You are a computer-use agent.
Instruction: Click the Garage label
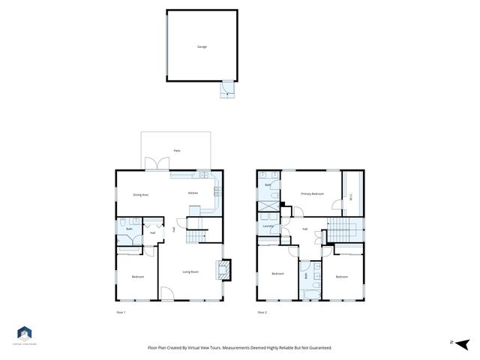coord(202,46)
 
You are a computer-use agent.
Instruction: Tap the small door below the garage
coord(226,89)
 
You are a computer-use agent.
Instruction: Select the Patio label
coord(177,151)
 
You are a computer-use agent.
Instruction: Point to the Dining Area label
coord(140,195)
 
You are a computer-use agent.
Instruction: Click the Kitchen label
coord(193,193)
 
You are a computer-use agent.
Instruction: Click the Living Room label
coord(190,271)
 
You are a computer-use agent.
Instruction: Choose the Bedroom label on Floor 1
coord(137,277)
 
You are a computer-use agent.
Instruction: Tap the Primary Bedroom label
coord(311,193)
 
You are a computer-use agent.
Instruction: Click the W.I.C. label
coord(351,197)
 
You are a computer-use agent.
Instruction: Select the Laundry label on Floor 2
coord(267,226)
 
